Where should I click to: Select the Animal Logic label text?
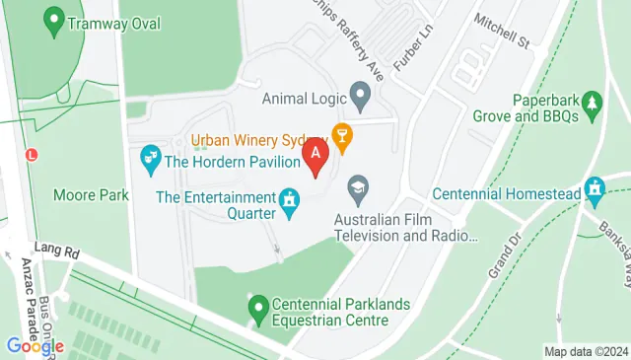coord(305,98)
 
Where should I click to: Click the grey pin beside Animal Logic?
coord(361,97)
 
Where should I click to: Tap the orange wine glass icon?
coord(342,136)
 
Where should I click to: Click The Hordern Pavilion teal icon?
coord(151,156)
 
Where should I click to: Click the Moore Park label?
coord(92,195)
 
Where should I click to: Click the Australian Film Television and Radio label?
coord(405,228)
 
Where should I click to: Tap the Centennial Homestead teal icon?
coord(595,187)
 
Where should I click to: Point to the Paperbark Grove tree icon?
coord(592,102)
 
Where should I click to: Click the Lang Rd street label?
coord(54,249)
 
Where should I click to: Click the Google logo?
coord(34,345)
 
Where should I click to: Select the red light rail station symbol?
coord(33,156)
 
